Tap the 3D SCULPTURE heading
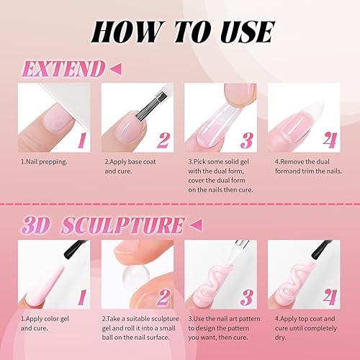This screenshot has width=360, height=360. (100, 224)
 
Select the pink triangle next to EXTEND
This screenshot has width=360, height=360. (114, 69)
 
